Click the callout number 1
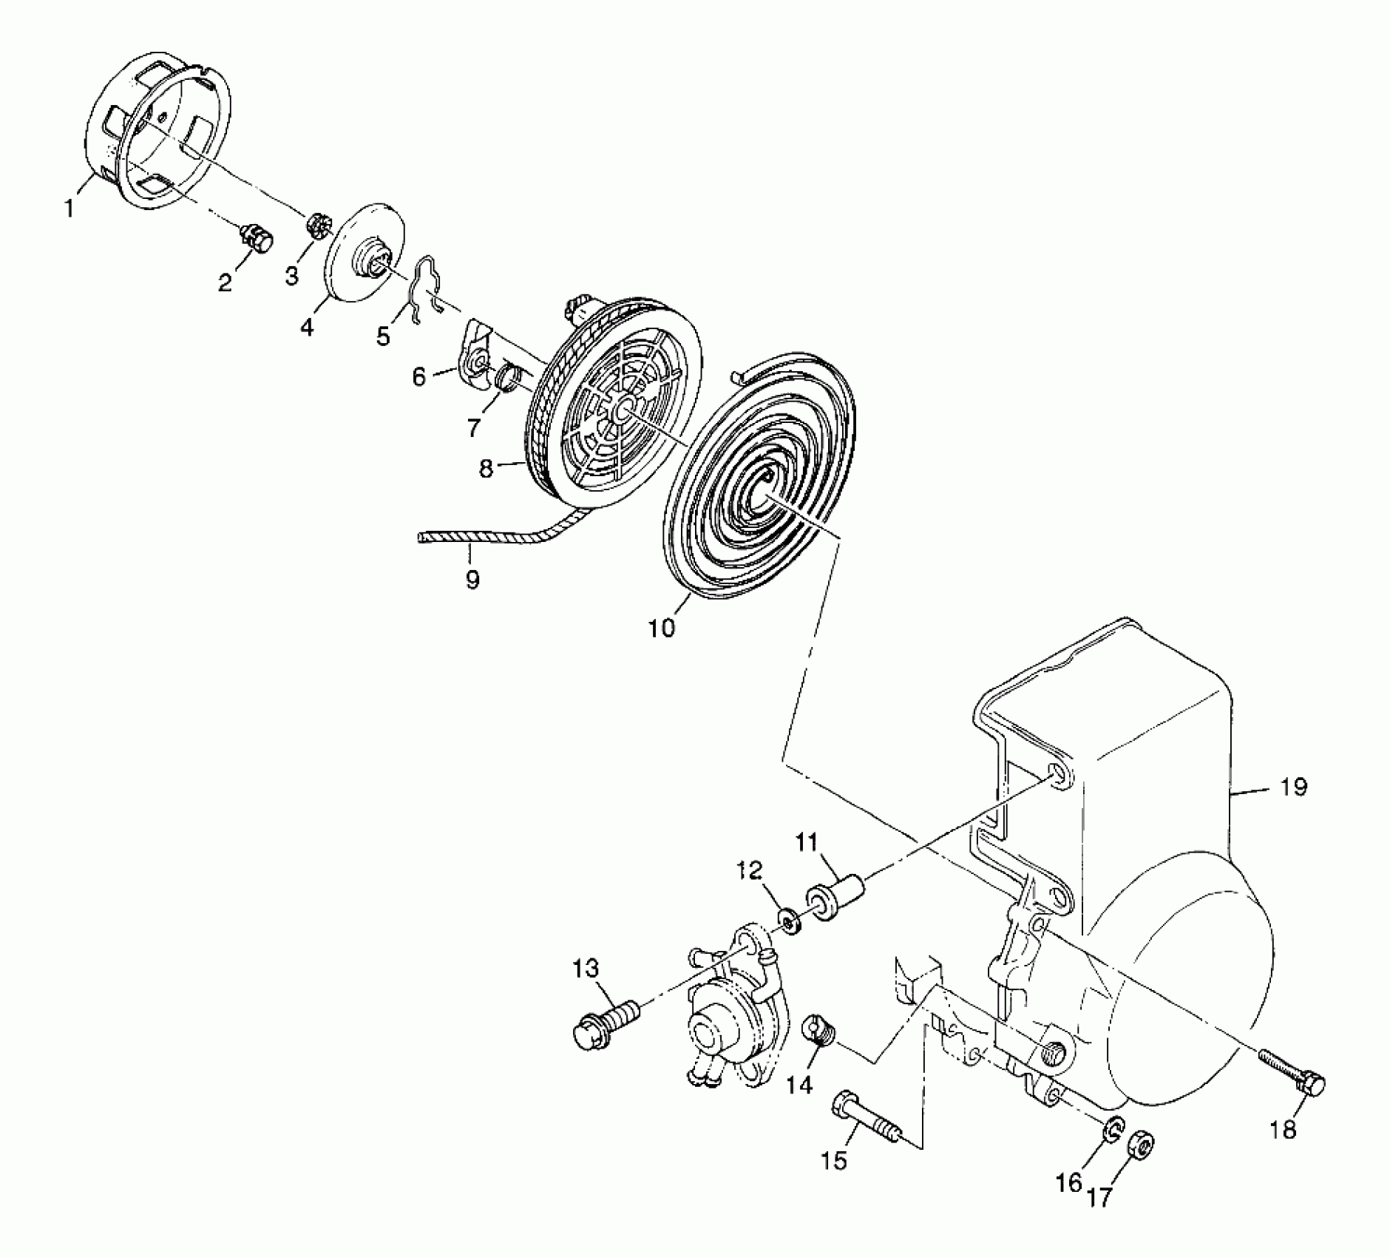(x=69, y=209)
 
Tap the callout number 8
(x=486, y=468)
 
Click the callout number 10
(x=662, y=628)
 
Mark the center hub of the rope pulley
(x=623, y=406)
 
